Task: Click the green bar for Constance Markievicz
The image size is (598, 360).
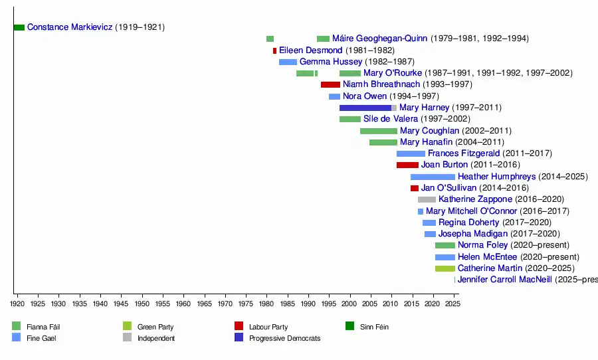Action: click(x=19, y=27)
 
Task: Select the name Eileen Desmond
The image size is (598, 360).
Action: click(x=310, y=50)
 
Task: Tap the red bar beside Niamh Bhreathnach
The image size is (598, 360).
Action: click(x=330, y=84)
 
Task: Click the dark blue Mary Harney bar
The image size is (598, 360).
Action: click(x=365, y=108)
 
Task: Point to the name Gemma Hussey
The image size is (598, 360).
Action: click(x=331, y=62)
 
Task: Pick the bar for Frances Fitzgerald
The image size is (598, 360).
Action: click(x=411, y=153)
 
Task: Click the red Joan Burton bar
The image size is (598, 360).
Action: click(x=407, y=165)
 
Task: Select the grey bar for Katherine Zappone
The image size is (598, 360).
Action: click(x=427, y=199)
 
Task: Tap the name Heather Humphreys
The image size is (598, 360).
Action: click(x=496, y=177)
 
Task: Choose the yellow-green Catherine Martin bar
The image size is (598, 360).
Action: click(x=445, y=268)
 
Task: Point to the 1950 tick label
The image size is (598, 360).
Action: click(x=142, y=304)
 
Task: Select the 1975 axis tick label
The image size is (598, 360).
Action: click(x=246, y=304)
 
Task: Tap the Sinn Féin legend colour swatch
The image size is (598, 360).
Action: click(x=349, y=326)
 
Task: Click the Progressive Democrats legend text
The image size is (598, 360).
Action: click(x=284, y=339)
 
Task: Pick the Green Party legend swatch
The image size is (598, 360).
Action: click(x=128, y=326)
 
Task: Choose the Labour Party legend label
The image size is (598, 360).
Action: click(x=268, y=327)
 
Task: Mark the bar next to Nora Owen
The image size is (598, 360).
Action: click(x=334, y=96)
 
